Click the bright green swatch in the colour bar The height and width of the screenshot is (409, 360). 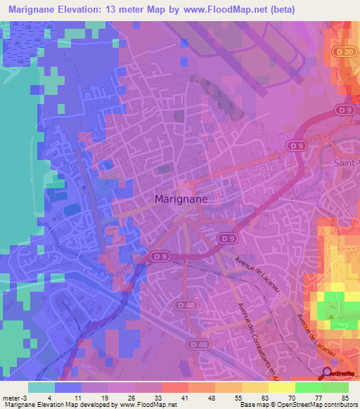(x=309, y=387)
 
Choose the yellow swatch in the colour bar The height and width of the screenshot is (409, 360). (x=282, y=387)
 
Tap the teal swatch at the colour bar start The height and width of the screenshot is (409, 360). (x=41, y=387)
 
